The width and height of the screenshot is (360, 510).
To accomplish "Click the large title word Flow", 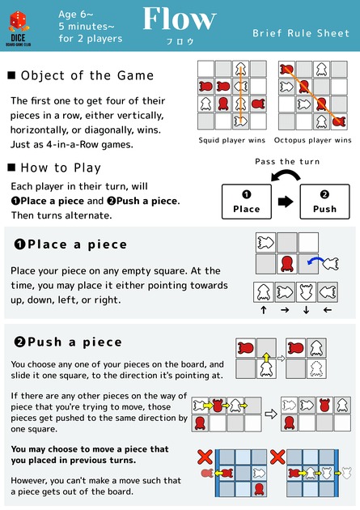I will tap(179, 19).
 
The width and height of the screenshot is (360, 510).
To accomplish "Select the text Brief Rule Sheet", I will tap(301, 33).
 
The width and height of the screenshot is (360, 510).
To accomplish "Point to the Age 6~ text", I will tap(78, 14).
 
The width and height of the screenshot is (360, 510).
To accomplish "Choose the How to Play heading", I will tap(61, 168).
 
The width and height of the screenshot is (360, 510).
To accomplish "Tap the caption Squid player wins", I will tap(231, 140).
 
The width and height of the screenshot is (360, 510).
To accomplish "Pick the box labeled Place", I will tap(247, 202).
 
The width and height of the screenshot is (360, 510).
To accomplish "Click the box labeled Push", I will tap(324, 202).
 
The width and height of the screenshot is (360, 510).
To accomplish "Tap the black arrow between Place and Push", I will tap(286, 202).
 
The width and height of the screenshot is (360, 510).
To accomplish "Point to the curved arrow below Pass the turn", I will tap(285, 176).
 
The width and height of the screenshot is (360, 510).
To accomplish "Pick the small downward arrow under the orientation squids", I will tap(307, 310).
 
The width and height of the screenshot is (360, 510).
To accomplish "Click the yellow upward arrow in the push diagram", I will tap(266, 355).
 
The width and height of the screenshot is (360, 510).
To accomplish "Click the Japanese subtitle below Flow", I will tap(179, 40).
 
